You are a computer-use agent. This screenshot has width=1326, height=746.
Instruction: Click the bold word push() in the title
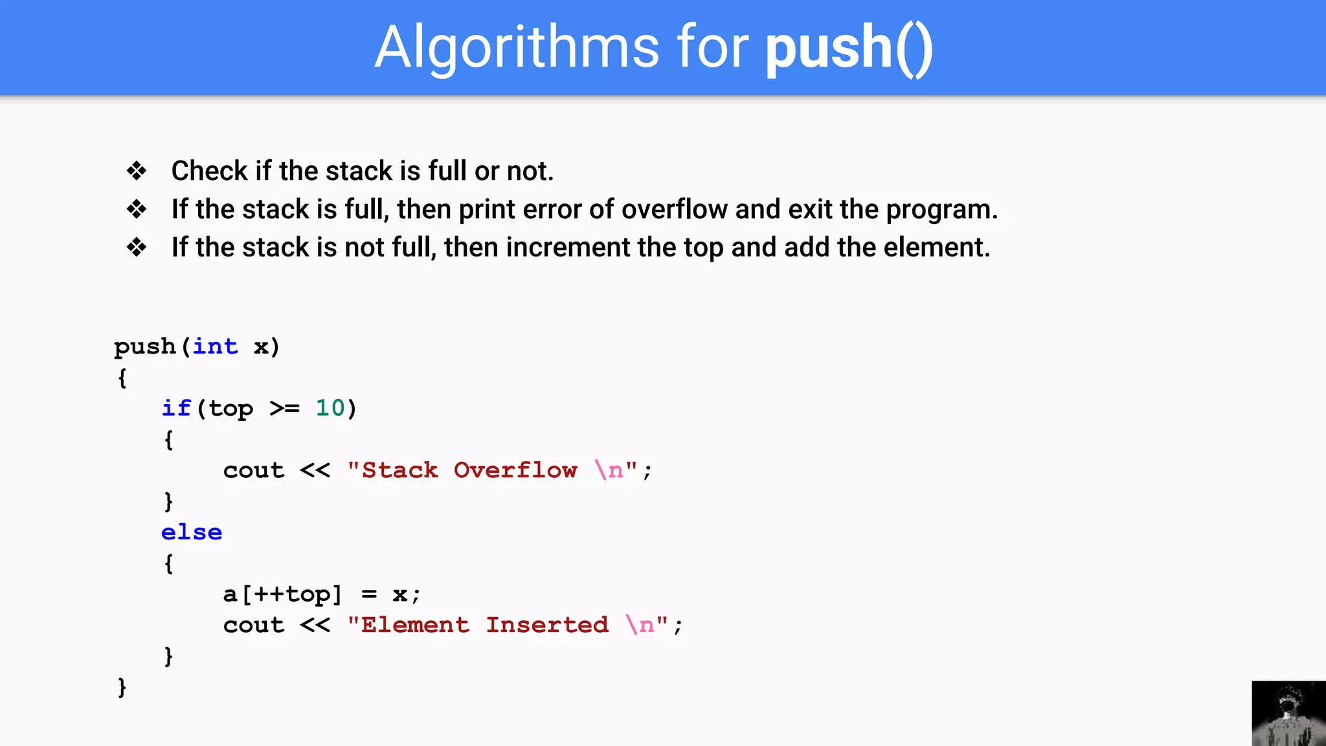coord(849,49)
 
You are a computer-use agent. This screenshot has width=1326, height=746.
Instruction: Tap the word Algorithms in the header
coord(517,49)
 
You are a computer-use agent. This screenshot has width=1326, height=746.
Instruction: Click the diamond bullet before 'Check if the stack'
coord(137,171)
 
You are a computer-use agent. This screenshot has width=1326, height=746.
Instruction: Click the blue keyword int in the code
coord(215,346)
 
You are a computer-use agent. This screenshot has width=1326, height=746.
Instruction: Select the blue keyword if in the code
coord(175,408)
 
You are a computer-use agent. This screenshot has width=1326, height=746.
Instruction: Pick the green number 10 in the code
coord(330,408)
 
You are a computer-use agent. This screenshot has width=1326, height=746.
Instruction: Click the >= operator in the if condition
coord(284,409)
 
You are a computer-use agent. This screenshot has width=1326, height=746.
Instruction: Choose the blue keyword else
coord(192,532)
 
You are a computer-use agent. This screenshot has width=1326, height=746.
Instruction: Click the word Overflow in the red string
coord(515,470)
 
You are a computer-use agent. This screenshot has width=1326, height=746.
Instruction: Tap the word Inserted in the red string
coord(547,625)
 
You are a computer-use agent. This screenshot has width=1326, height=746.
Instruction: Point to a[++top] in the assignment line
coord(282,594)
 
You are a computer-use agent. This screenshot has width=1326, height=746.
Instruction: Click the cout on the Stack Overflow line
coord(254,470)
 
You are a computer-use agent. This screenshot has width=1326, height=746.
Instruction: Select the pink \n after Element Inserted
coord(640,625)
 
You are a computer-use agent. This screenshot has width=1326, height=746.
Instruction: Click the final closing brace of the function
coord(122,687)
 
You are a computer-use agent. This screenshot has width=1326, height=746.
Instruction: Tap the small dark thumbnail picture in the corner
coord(1288,713)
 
